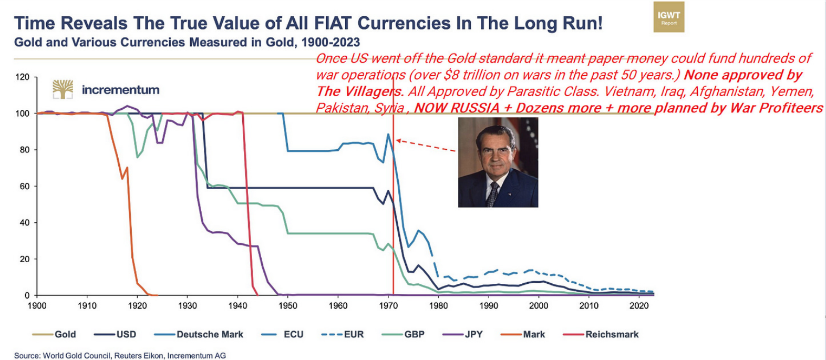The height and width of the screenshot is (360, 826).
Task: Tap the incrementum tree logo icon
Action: click(x=63, y=89)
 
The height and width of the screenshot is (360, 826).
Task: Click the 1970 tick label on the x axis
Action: click(x=388, y=306)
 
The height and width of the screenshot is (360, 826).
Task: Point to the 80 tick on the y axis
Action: click(x=24, y=150)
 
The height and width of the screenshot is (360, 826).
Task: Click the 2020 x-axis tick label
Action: click(x=639, y=306)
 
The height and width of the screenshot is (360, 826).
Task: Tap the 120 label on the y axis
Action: click(x=22, y=77)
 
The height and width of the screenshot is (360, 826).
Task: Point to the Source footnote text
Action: click(x=120, y=355)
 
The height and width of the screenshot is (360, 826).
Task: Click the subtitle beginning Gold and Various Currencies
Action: click(x=187, y=42)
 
